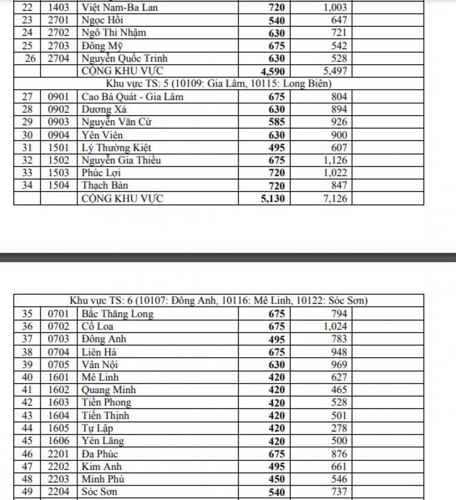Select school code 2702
[59, 32]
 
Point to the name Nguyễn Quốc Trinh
[124, 58]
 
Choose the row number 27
[26, 97]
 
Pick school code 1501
[59, 148]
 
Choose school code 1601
[59, 377]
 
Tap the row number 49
[26, 492]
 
